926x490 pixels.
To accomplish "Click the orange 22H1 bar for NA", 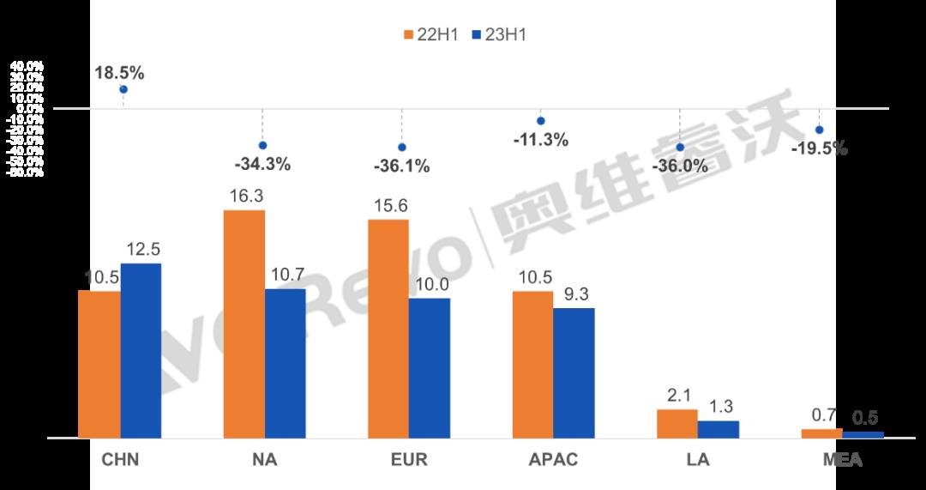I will coord(244,324).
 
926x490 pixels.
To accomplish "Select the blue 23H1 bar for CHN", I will coord(141,350).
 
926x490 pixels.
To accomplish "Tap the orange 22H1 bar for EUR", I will coord(388,329).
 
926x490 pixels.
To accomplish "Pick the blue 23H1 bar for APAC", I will coord(574,372).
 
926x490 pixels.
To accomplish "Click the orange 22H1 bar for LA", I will coord(677,423).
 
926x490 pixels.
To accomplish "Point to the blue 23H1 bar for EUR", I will coord(430,367).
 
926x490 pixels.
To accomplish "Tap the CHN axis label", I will coord(120,460).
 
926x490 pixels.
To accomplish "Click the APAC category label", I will coord(553,460).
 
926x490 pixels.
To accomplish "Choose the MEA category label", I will coord(842,460).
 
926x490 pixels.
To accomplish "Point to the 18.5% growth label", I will coord(119,72).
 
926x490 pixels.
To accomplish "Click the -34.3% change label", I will coord(262,163).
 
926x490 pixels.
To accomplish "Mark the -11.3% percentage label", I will coord(540,139).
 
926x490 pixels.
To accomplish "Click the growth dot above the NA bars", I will coord(262,145).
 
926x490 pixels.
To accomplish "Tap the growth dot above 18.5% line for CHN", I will coord(123,89).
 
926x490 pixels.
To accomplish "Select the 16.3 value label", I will coord(246,197).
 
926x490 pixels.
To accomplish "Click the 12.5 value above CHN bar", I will coord(142,250).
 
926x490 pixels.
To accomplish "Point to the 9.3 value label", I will coord(574,295).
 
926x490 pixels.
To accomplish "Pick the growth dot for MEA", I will coord(819,130).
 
